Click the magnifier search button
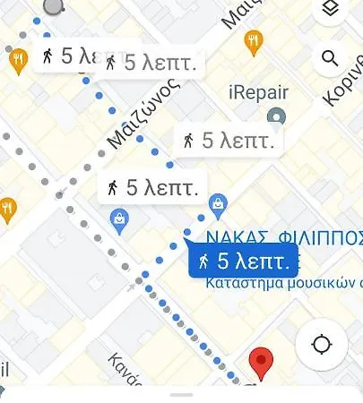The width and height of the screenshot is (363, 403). pos(331,59)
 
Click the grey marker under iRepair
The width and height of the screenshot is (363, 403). pos(277,117)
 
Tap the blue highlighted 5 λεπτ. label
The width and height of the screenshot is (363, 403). pos(241,262)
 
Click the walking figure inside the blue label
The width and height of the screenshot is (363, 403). pos(204,262)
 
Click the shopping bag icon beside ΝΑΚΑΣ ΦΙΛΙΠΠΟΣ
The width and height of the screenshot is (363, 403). pos(216,208)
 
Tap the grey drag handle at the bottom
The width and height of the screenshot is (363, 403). pos(181,394)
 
